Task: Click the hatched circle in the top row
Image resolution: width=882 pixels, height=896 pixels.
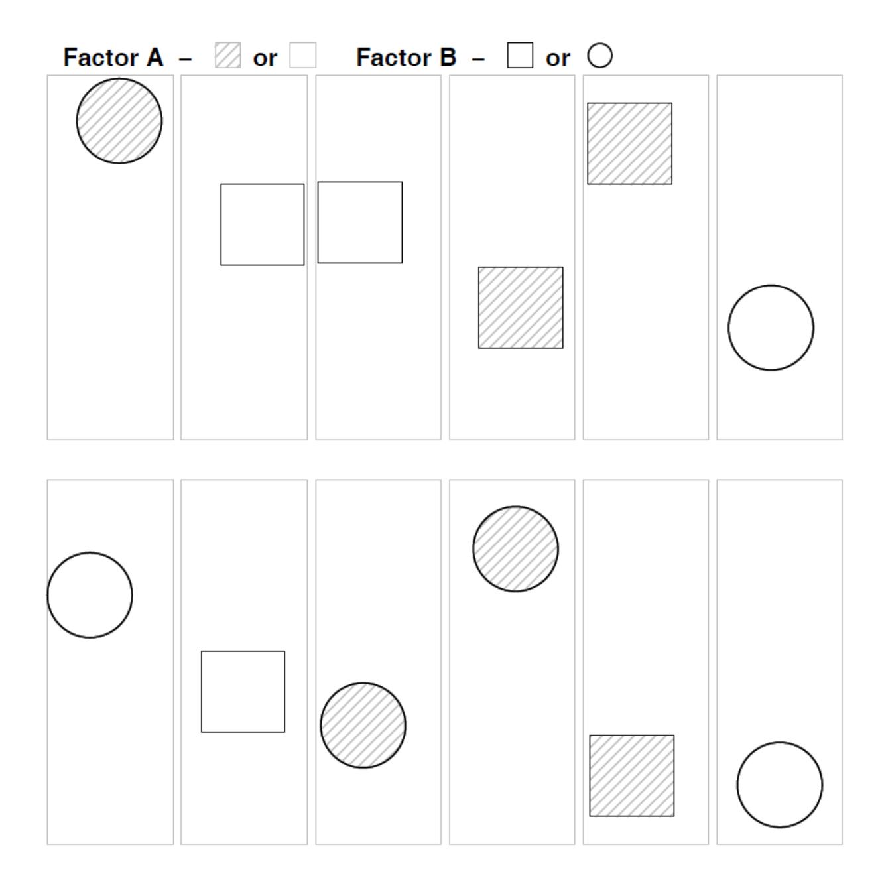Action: point(119,121)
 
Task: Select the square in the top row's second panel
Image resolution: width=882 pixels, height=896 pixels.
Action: point(262,224)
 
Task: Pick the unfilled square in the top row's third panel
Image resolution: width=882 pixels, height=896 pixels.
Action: point(360,222)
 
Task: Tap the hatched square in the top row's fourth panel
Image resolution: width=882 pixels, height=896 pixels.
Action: point(521,307)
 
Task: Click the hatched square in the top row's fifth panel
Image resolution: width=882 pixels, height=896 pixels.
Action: point(629,144)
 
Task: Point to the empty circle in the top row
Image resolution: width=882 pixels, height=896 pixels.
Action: point(771,328)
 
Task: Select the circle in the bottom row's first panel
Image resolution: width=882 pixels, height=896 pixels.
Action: point(90,595)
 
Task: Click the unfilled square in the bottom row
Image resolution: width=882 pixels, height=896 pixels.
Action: point(243,692)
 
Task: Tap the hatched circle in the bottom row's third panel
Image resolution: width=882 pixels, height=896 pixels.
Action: point(363,725)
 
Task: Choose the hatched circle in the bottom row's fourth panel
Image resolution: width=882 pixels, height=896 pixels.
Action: point(515,548)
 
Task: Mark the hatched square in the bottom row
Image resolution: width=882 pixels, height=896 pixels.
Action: point(631,775)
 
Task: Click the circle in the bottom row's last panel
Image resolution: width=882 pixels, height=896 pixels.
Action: point(779,785)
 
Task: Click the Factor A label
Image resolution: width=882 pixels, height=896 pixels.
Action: point(113,57)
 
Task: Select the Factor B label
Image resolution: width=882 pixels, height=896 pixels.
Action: point(406,57)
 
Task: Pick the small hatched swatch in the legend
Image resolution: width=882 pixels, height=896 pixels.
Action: point(228,55)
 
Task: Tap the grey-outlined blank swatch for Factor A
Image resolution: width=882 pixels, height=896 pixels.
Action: point(302,55)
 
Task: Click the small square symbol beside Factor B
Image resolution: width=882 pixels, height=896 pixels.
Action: point(520,55)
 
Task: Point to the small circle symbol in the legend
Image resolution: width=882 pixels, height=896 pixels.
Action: point(599,55)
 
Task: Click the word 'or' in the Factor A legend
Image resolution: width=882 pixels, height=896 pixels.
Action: point(265,58)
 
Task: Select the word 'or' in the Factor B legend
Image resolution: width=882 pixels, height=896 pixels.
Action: point(558,58)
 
